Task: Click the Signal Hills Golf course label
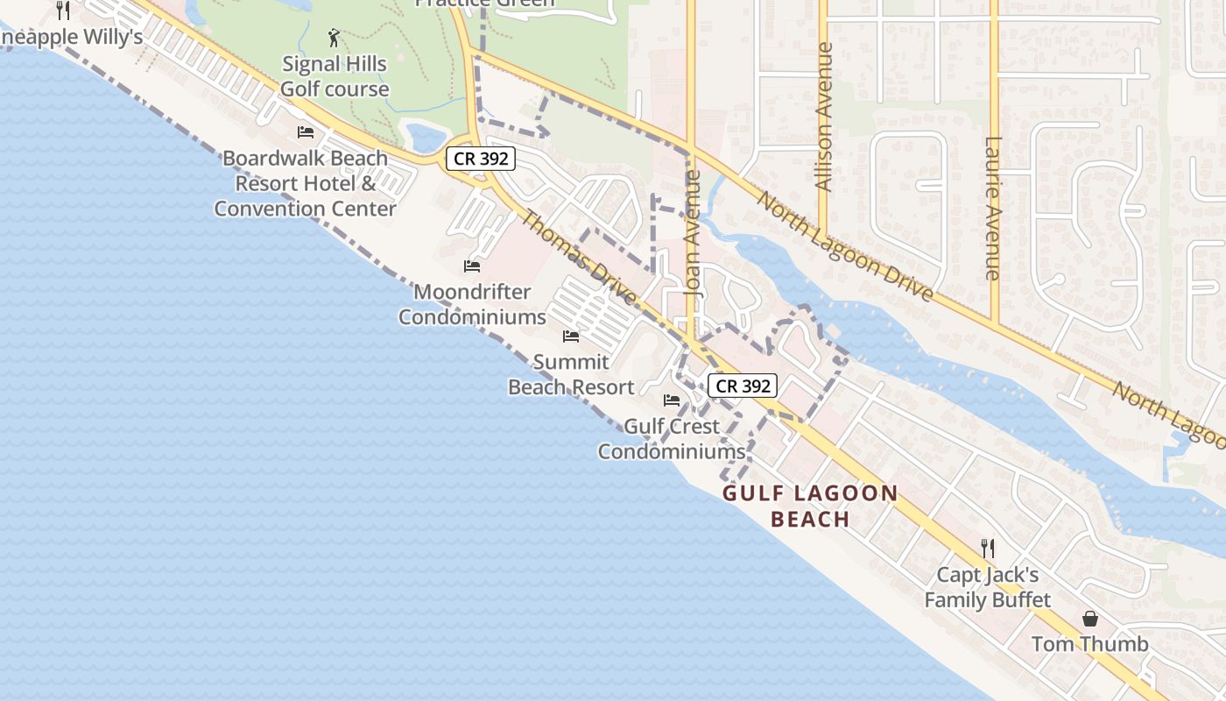click(334, 76)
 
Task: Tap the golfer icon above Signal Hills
click(334, 38)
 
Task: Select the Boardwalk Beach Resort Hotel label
click(306, 183)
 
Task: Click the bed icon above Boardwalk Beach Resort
click(306, 132)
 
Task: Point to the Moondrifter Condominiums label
click(473, 304)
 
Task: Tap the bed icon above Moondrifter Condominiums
click(473, 266)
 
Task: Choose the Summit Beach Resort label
click(571, 374)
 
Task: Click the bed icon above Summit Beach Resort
click(571, 336)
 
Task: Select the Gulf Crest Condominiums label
click(672, 439)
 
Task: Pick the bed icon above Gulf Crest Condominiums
click(672, 400)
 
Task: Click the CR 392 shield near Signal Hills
click(481, 159)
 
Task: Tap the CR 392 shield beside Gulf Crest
click(743, 386)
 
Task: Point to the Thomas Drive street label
click(579, 258)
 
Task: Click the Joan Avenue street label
click(694, 233)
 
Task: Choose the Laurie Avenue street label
click(992, 209)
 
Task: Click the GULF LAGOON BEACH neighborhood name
click(810, 506)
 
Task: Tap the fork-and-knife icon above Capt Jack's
click(988, 549)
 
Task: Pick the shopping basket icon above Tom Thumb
click(1090, 619)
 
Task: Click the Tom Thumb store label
click(1090, 644)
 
